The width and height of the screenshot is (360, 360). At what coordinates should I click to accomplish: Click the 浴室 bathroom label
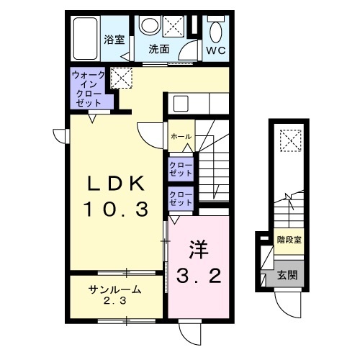coord(114,40)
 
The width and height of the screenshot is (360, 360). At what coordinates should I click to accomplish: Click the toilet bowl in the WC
coord(216,30)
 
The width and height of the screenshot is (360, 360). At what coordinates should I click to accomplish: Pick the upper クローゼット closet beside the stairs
coord(181,169)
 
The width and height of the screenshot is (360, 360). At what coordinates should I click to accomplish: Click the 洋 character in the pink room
coord(198,248)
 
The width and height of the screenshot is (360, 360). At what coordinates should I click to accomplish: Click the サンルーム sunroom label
coord(115,289)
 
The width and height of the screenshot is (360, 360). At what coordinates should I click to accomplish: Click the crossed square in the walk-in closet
coord(120,76)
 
